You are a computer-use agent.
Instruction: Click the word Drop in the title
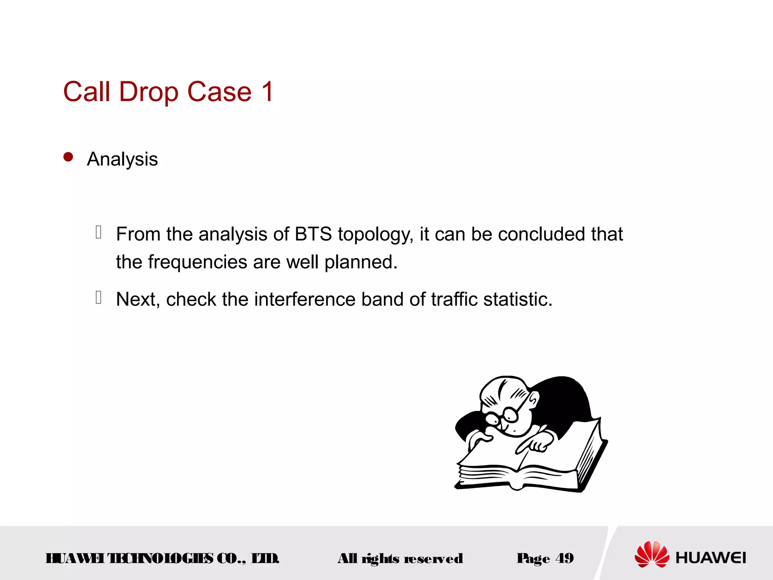[x=148, y=92]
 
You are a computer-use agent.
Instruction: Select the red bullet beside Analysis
[x=68, y=157]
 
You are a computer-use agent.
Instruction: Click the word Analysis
[x=122, y=159]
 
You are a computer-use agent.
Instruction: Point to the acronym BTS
[x=313, y=234]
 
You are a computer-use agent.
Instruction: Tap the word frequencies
[x=197, y=262]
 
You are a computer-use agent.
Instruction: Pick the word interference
[x=305, y=299]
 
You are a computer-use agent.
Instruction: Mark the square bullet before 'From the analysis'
[x=99, y=232]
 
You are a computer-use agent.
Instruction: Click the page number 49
[x=564, y=558]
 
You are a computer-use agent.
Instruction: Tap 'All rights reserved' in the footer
[x=400, y=558]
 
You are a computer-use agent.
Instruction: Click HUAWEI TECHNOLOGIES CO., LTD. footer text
[x=162, y=558]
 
